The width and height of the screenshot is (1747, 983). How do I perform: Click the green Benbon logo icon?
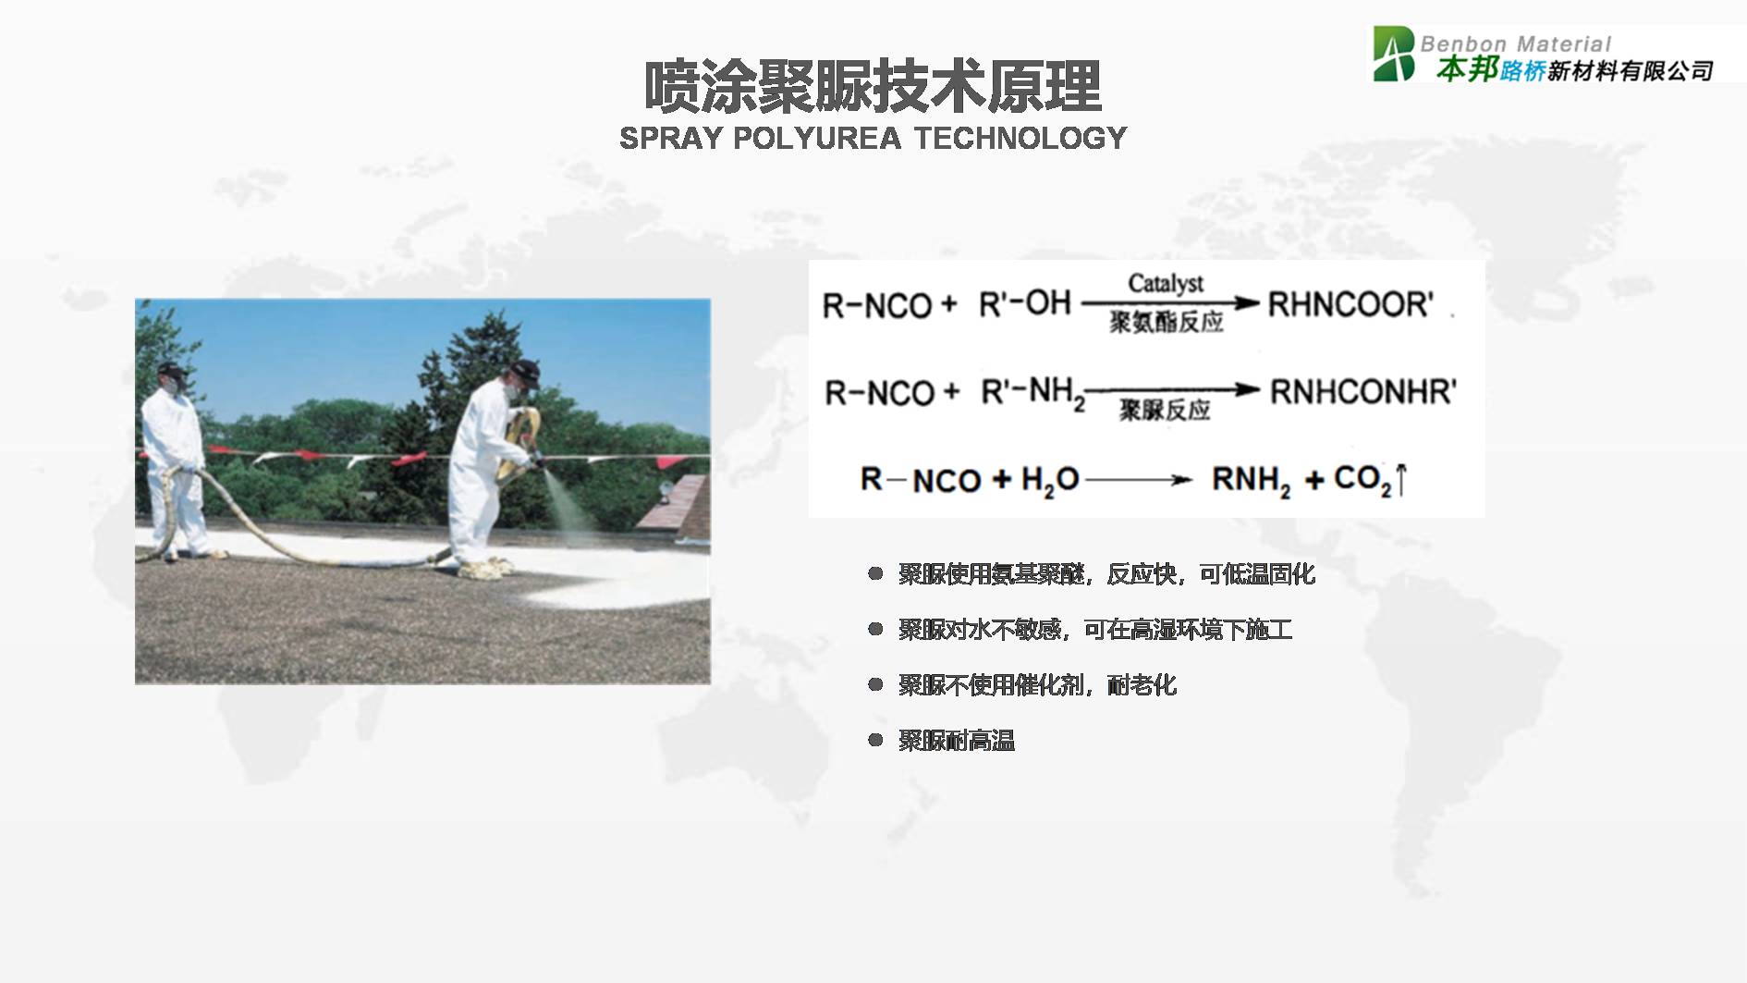click(x=1393, y=54)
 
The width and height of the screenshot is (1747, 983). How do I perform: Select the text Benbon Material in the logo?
click(x=1516, y=43)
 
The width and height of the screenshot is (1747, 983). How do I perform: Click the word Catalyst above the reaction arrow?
click(x=1166, y=283)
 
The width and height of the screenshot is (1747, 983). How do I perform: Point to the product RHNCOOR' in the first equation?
click(x=1350, y=304)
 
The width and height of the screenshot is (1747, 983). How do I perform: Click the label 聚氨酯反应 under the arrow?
click(x=1166, y=322)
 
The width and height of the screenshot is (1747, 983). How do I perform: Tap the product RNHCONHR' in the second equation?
click(x=1362, y=392)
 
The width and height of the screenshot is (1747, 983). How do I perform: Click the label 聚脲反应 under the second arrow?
click(x=1165, y=410)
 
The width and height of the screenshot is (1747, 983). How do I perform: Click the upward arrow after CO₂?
click(x=1401, y=480)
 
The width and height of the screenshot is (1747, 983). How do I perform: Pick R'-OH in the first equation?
click(x=1024, y=302)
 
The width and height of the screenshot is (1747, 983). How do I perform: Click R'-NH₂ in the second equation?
click(x=1032, y=393)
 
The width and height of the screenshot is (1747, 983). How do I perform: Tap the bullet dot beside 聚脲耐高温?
click(x=874, y=740)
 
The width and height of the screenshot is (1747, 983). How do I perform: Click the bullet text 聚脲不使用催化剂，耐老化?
click(x=1037, y=685)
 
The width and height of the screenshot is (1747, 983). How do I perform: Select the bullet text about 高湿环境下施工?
click(x=1095, y=630)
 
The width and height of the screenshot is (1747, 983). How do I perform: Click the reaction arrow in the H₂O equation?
click(x=1139, y=480)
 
